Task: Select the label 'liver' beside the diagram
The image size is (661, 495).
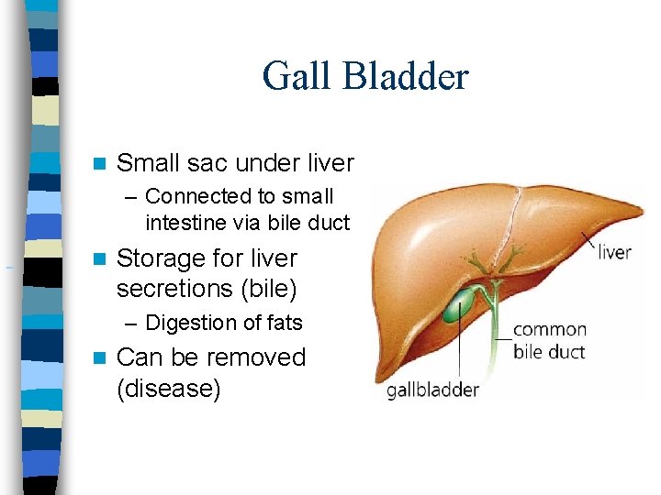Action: point(614,251)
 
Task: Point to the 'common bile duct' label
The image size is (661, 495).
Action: point(549,340)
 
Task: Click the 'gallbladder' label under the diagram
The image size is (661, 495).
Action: point(432,390)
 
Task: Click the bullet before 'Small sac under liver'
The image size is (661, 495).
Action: point(102,164)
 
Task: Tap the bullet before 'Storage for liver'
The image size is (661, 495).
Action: point(102,259)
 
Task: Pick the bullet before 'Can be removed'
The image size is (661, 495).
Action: point(102,357)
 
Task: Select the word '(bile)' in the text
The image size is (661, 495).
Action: point(267,289)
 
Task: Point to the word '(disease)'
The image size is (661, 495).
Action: point(169,389)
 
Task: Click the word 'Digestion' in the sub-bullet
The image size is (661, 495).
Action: point(190,323)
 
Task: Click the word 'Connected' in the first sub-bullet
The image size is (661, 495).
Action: point(198,196)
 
